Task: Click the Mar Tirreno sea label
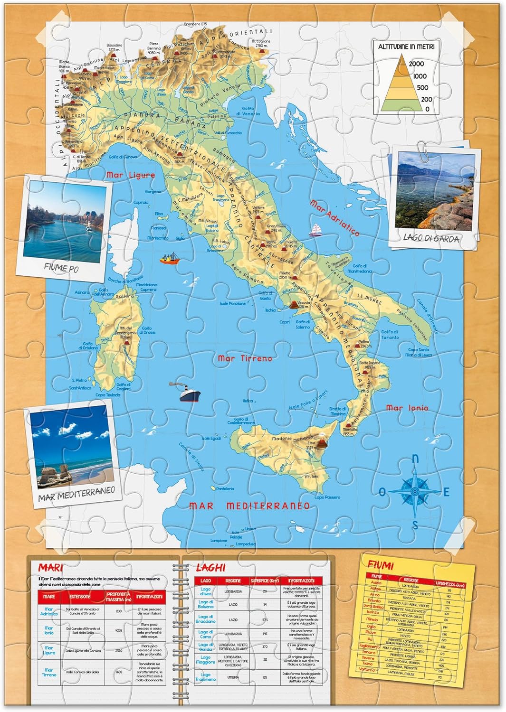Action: click(245, 358)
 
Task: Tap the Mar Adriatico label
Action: click(334, 218)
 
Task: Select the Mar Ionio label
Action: click(407, 408)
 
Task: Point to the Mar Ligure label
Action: click(131, 175)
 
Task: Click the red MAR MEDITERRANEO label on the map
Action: click(249, 506)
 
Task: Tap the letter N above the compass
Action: click(415, 459)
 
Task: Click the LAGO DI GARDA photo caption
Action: click(431, 238)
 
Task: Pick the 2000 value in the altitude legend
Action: click(416, 64)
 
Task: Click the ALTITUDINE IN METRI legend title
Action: click(406, 47)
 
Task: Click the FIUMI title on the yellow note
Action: click(381, 565)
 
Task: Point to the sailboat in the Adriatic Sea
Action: click(315, 231)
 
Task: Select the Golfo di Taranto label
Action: click(390, 335)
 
